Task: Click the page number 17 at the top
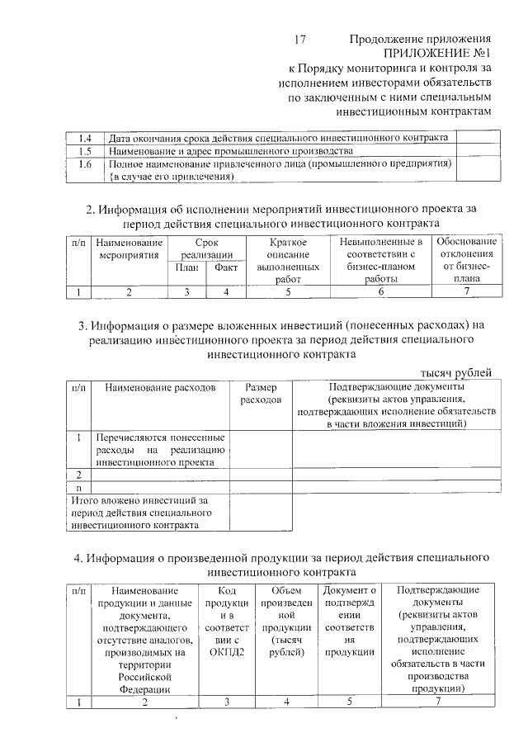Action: click(300, 39)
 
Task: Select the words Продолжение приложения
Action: click(420, 39)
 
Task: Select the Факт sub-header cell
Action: click(225, 267)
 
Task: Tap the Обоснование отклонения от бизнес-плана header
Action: click(466, 260)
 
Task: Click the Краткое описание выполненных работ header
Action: click(288, 260)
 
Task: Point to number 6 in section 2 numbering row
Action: click(380, 291)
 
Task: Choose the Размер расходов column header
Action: click(261, 393)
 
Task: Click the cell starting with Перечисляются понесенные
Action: click(160, 449)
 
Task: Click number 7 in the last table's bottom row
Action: click(438, 701)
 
